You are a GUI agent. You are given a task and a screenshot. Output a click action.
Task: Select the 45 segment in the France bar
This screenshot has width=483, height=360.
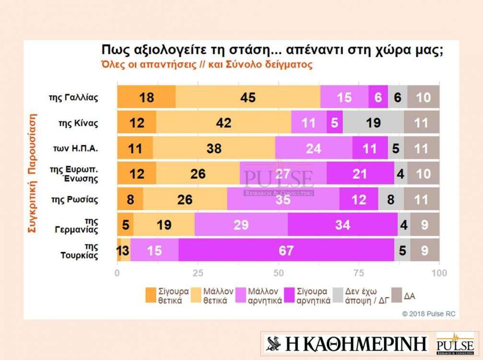coord(247,97)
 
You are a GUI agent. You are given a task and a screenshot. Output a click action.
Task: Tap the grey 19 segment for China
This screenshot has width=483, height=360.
coord(373,123)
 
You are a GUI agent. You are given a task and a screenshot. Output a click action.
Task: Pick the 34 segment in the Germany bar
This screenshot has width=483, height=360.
coord(342,225)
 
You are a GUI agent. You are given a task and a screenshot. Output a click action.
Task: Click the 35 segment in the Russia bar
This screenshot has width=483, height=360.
coord(283,199)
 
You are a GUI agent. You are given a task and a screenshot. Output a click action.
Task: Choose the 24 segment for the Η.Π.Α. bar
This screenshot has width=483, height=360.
coord(313,148)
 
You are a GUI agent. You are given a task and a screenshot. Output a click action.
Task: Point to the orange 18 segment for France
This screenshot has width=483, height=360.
coord(146,97)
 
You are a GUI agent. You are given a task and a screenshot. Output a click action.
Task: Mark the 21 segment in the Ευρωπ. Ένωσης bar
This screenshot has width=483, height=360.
coord(360,174)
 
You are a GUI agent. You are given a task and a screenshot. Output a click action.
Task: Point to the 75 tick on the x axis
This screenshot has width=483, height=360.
coord(359,273)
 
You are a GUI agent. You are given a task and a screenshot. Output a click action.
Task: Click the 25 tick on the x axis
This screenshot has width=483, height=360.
coord(198,273)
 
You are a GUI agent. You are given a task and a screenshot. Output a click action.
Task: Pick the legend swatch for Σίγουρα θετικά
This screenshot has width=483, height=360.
coord(151,296)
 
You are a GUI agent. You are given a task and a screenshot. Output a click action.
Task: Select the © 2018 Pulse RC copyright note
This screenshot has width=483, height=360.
coord(429,314)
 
